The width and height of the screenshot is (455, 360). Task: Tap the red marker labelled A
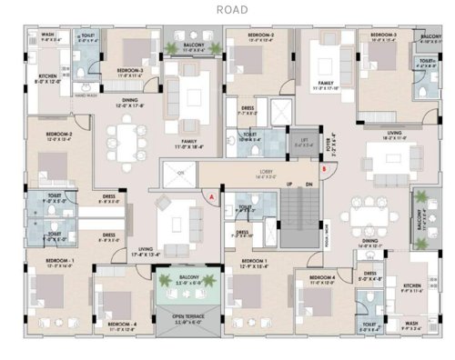pyautogui.click(x=212, y=195)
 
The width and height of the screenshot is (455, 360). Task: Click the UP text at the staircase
pyautogui.click(x=289, y=185)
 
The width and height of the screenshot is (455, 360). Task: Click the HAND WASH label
pyautogui.click(x=86, y=94)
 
